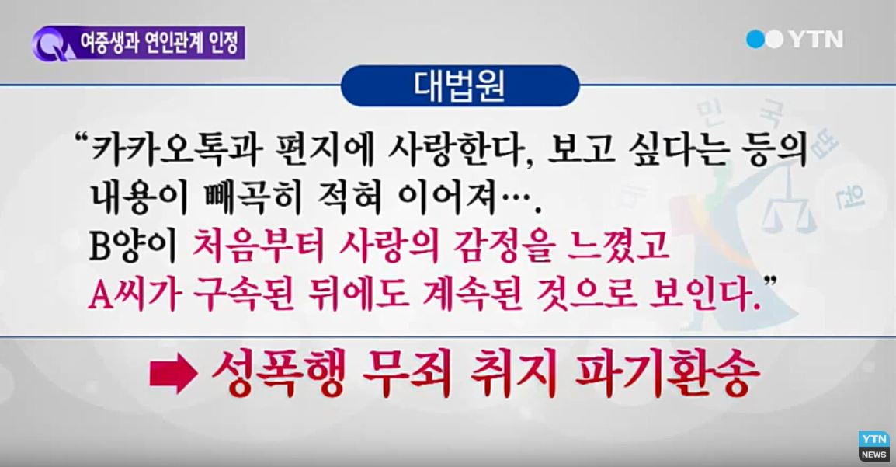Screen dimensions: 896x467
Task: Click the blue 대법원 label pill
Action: [x=460, y=85]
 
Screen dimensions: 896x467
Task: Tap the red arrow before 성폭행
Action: [x=174, y=374]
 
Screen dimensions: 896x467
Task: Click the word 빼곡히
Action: [x=252, y=198]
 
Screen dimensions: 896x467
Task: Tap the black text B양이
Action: [x=134, y=246]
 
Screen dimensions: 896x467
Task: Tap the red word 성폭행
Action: [x=278, y=374]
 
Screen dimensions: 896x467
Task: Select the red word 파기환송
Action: [x=667, y=374]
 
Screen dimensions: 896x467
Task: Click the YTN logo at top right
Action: [x=794, y=39]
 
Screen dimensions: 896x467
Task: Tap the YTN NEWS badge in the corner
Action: [x=873, y=447]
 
